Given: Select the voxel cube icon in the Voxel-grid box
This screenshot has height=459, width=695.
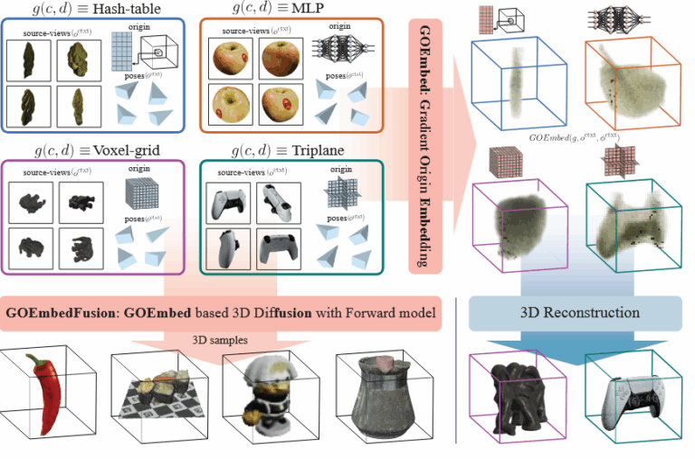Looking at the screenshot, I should (141, 196).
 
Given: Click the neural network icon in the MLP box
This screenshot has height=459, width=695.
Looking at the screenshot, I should (338, 51).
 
